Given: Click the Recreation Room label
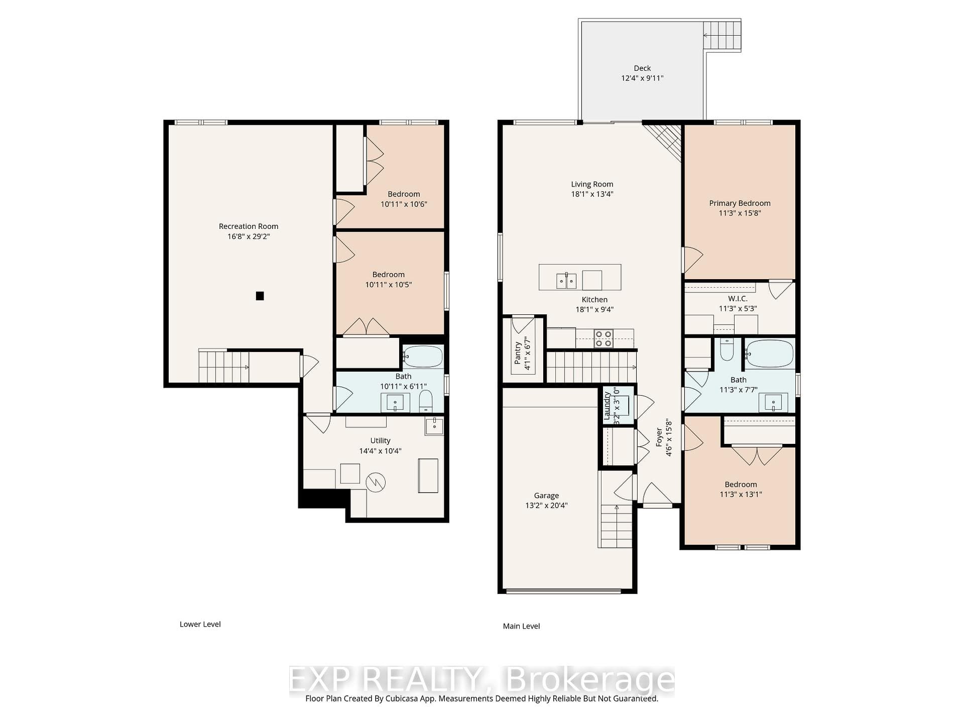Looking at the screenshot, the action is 249,226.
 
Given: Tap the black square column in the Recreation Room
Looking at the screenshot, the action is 260,296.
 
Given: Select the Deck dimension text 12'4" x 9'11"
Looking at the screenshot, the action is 642,78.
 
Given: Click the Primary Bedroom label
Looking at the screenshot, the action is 740,203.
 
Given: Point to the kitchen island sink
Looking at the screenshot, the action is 566,281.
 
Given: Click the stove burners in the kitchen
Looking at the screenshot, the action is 603,338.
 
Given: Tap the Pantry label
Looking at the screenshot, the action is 518,353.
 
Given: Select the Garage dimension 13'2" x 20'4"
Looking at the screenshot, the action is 546,506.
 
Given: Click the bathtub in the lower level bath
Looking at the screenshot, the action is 423,356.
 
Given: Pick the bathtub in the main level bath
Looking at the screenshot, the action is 769,353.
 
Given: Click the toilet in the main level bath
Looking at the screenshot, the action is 727,349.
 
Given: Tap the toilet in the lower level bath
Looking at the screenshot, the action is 426,401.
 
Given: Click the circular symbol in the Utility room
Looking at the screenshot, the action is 376,483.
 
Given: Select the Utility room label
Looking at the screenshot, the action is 380,441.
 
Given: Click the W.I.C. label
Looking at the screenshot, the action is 738,299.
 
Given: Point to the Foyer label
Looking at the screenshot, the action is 659,437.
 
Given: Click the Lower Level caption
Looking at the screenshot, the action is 200,624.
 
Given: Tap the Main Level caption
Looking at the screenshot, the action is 522,626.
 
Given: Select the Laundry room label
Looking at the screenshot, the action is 607,406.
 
